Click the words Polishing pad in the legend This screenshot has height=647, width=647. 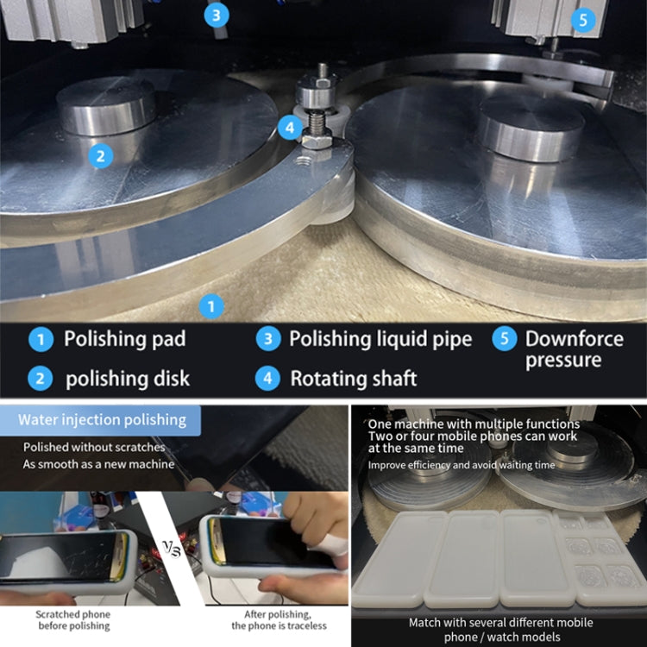click(124, 339)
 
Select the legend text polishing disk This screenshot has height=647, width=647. click(128, 378)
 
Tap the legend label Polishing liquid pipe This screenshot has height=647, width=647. click(380, 339)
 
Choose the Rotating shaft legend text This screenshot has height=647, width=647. click(353, 378)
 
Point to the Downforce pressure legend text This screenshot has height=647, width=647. click(574, 349)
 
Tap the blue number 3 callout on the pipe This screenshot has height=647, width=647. click(216, 15)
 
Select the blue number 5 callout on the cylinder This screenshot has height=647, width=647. click(583, 19)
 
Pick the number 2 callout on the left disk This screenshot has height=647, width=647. click(101, 156)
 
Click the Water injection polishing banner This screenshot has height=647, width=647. click(103, 420)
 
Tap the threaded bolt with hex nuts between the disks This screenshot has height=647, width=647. click(317, 108)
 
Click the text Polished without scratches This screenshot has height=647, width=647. click(94, 448)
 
